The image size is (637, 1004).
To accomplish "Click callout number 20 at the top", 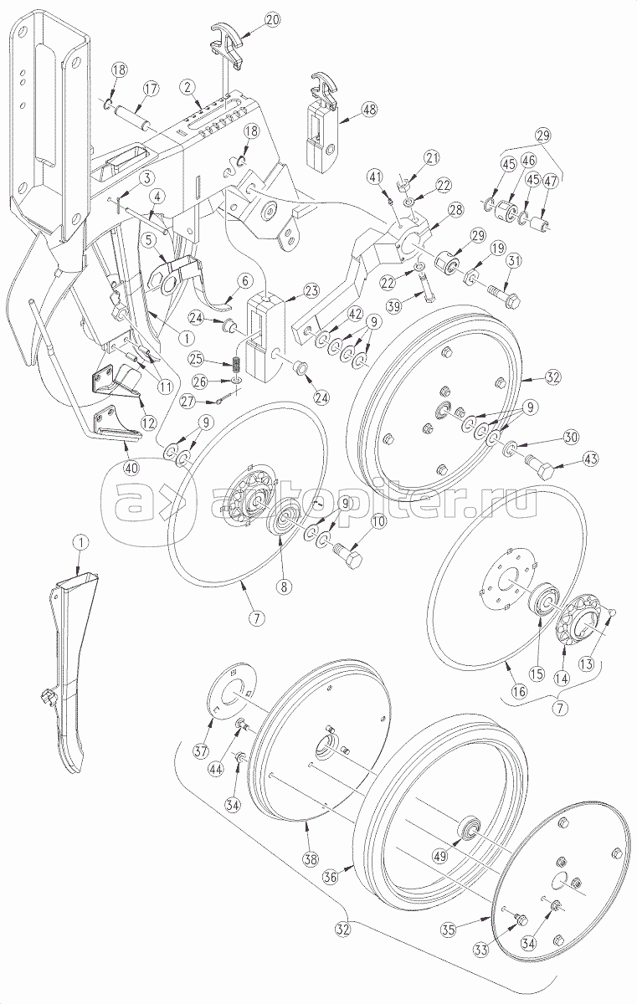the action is click(273, 20).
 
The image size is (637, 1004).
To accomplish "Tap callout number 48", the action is click(369, 109).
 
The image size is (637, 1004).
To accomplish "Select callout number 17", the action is click(151, 89).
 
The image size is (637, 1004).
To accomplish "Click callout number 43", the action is click(590, 458).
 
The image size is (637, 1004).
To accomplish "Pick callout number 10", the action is click(378, 522).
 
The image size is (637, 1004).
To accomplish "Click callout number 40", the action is click(131, 468).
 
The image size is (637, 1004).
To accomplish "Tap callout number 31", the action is click(515, 260).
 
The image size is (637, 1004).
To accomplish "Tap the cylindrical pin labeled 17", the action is click(134, 115).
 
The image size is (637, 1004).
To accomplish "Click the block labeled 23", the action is click(266, 334).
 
